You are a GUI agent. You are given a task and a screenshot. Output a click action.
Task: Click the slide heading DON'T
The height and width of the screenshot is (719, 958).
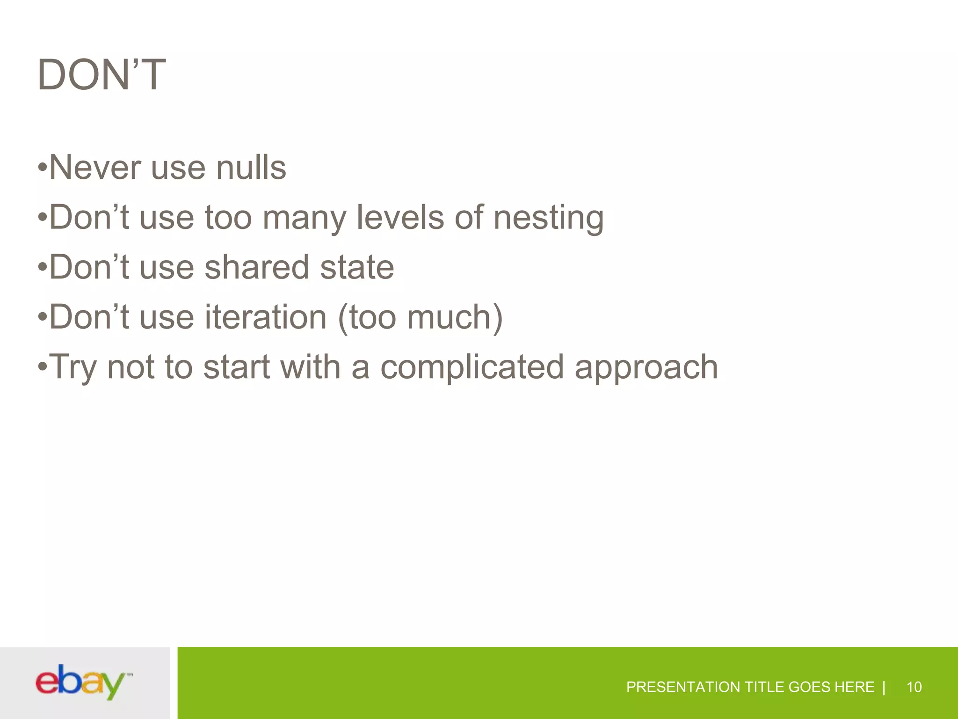pos(102,75)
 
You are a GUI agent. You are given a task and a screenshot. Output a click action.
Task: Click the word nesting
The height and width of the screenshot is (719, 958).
pos(548,218)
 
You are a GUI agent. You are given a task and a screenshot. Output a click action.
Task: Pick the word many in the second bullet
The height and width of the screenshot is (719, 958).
pos(304,218)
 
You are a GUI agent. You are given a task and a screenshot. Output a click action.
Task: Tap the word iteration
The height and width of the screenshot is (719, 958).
pos(265,317)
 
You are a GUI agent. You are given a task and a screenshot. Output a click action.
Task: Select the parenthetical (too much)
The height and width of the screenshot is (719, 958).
pos(420,317)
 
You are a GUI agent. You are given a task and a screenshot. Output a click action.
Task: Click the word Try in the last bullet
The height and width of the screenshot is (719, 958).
pos(73,367)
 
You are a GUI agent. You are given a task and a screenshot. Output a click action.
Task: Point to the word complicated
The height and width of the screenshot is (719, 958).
pos(472,367)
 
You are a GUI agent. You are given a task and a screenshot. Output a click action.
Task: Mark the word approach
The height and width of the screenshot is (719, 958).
pos(646,367)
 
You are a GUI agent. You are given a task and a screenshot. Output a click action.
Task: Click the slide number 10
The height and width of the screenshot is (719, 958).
pos(914,687)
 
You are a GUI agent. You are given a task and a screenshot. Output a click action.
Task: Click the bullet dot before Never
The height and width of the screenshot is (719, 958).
pos(43,167)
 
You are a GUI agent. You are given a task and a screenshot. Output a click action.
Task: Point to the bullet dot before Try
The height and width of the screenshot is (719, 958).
pos(43,367)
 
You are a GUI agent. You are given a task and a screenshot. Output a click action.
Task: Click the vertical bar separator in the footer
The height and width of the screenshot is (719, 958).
pos(884,687)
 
